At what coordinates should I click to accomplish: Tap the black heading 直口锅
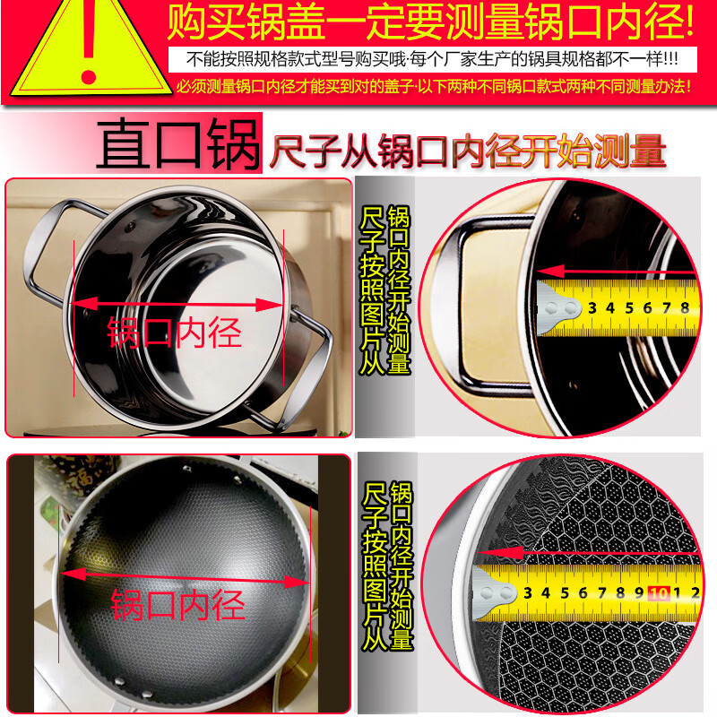[177, 143]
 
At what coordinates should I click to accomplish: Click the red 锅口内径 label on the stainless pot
[174, 333]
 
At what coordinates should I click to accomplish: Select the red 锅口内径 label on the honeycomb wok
[177, 604]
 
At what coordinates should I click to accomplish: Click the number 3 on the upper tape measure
[592, 307]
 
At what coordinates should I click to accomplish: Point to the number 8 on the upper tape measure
[685, 307]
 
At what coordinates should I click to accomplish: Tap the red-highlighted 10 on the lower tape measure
[659, 593]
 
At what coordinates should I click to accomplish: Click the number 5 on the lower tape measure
[565, 593]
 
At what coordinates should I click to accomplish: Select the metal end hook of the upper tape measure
[558, 307]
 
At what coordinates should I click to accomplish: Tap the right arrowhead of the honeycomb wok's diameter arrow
[297, 582]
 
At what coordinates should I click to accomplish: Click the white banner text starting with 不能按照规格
[432, 59]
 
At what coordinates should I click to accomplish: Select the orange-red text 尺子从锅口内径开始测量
[467, 151]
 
